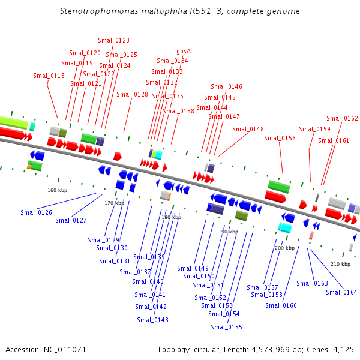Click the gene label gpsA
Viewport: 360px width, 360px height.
click(184, 52)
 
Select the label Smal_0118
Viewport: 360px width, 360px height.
click(49, 76)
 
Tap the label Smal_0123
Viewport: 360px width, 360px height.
click(113, 40)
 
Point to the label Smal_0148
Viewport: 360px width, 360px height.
click(248, 129)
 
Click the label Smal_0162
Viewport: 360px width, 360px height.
click(343, 118)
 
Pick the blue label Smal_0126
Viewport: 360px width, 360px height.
click(36, 212)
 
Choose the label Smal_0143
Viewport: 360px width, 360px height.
click(152, 320)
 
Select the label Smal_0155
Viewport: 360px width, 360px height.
click(226, 327)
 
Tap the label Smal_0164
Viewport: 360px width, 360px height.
click(341, 292)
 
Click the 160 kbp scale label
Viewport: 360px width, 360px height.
click(58, 190)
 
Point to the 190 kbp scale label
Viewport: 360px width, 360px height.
click(229, 232)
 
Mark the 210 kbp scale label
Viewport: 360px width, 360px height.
click(340, 264)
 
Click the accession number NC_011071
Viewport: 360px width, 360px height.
click(65, 350)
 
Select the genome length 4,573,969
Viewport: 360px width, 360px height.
click(271, 350)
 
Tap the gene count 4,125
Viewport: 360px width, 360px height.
click(343, 350)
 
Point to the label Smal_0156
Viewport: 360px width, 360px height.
click(280, 138)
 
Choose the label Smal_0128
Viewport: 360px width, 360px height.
click(132, 94)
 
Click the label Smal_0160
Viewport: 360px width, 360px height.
click(281, 305)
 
